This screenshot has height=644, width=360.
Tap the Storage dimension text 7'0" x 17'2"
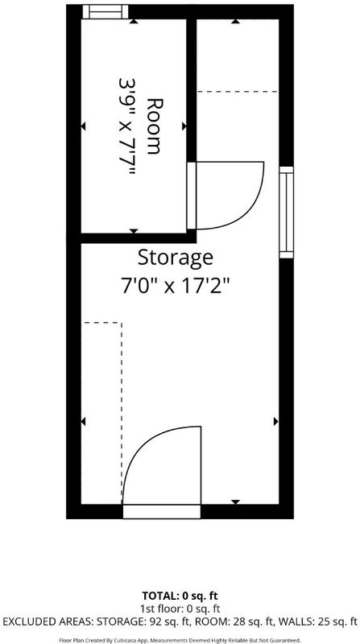[175, 286]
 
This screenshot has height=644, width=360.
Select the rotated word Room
[154, 126]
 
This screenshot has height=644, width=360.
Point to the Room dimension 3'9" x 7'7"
[127, 126]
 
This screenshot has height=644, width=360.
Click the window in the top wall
[106, 11]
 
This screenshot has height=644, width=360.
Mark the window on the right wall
[287, 213]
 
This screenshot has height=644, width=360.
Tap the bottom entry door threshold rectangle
[162, 511]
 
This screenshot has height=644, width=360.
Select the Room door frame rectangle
[192, 196]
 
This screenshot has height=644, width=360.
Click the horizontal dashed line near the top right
[238, 92]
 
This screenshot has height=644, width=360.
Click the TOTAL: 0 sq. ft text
[180, 596]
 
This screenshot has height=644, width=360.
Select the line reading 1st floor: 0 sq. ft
[180, 609]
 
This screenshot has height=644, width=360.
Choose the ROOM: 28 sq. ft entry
[235, 621]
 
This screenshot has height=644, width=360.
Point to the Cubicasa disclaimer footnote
[180, 640]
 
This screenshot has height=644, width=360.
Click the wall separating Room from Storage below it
[131, 238]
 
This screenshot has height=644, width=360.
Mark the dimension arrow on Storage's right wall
[275, 421]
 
